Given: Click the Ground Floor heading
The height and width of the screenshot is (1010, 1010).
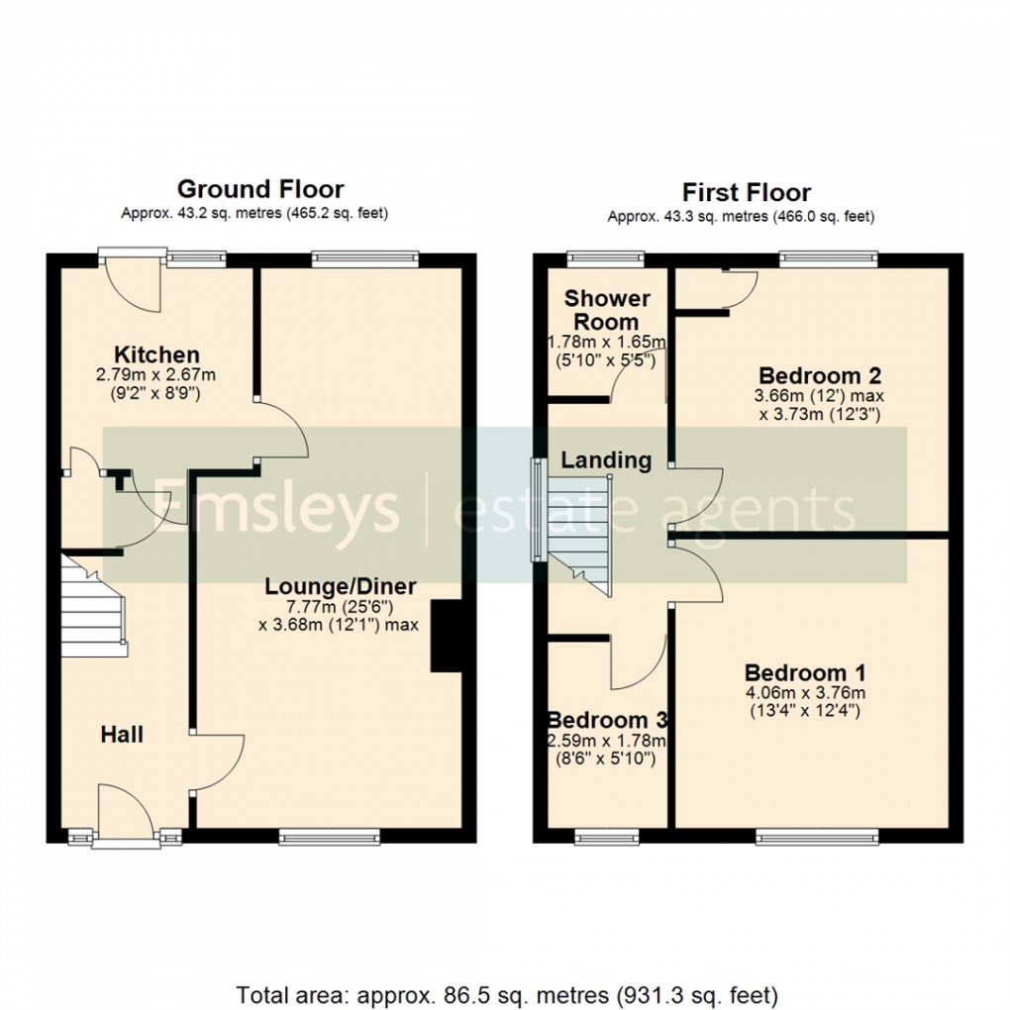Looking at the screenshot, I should (x=260, y=189).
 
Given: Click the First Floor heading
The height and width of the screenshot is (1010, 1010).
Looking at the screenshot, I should (x=747, y=192).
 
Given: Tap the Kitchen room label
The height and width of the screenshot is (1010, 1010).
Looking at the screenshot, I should (x=156, y=354).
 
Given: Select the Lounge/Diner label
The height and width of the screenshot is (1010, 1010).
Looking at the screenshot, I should (x=340, y=586).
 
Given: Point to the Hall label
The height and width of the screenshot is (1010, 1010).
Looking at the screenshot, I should (x=122, y=735).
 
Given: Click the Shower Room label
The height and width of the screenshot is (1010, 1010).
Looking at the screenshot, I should (x=607, y=310).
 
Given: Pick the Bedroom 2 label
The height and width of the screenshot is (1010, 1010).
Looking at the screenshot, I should (x=820, y=376).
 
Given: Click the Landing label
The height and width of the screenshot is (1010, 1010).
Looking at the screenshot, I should (x=607, y=460).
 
